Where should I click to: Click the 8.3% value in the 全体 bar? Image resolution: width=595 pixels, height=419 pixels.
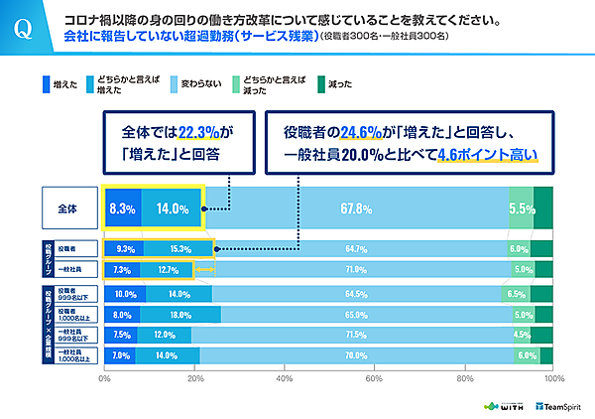[x=123, y=209]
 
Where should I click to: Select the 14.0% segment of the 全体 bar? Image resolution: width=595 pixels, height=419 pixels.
[x=172, y=209]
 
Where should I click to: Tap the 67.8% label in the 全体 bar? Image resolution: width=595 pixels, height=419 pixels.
[x=355, y=209]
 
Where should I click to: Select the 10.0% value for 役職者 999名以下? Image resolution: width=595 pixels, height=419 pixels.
[x=126, y=295]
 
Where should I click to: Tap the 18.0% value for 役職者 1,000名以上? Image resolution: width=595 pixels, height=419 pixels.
[x=179, y=315]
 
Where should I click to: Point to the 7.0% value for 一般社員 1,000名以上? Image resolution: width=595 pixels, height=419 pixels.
[x=121, y=354]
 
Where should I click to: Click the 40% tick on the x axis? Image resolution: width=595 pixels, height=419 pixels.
[x=285, y=378]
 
